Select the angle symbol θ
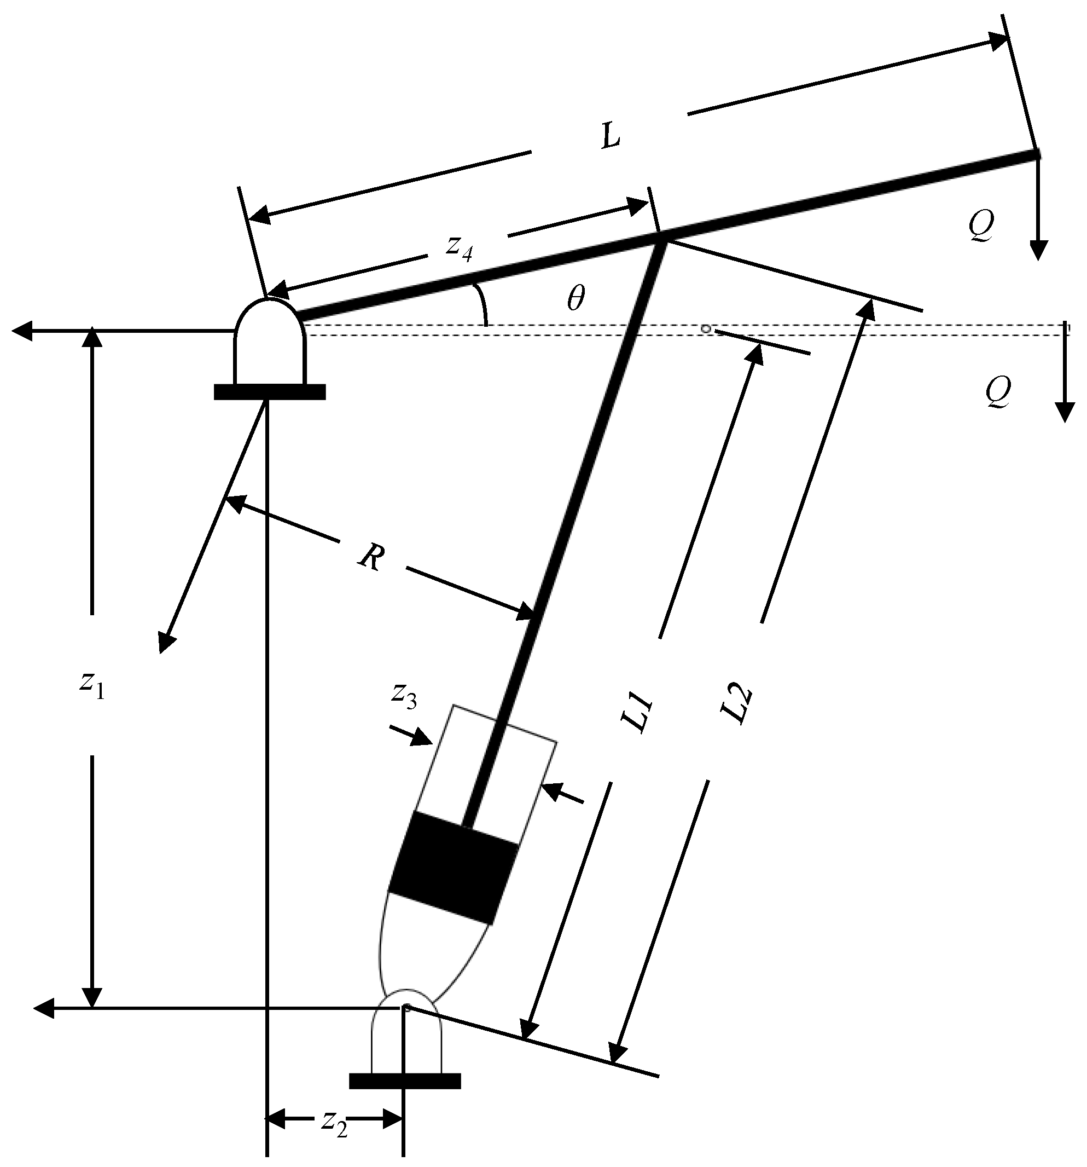(x=576, y=299)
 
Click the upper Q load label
(x=981, y=226)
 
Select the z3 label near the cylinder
(x=404, y=696)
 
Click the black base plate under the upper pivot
(x=270, y=391)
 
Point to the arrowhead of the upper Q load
(x=1038, y=251)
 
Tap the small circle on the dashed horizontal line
(x=707, y=330)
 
